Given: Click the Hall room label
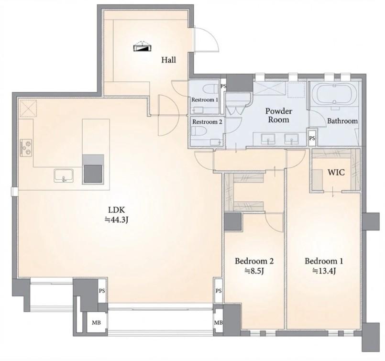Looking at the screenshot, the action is tap(169, 60).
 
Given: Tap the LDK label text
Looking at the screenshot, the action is tap(117, 210).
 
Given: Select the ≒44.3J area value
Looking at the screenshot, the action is tap(117, 220).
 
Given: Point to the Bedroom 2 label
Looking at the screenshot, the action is tap(254, 261).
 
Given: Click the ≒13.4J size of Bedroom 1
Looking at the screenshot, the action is tap(324, 271).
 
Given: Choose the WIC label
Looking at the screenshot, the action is tap(336, 172).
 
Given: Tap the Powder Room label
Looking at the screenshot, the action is tap(279, 115).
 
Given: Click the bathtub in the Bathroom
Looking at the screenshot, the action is tap(334, 95).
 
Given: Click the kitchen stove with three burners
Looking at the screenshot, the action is tap(26, 148).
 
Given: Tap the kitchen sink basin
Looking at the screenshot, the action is tap(64, 175).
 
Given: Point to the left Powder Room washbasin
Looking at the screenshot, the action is tap(268, 139).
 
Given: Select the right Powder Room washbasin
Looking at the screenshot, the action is tap(291, 139).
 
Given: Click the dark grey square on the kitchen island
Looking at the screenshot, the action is tap(93, 174).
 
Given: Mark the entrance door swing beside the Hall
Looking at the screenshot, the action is tap(206, 39).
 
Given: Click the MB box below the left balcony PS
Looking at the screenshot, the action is tap(96, 323).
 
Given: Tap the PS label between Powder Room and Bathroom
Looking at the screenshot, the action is tap(312, 138).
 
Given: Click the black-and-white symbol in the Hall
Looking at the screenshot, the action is tap(143, 47).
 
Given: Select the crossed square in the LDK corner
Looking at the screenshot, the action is tap(28, 108).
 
